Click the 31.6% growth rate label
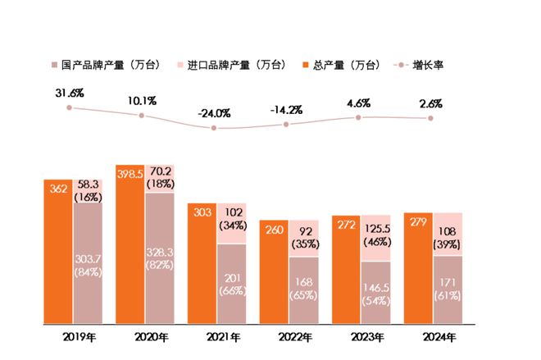coord(70,92)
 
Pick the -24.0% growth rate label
coord(216,112)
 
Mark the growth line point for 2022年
coord(286,125)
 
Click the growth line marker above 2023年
coord(358,117)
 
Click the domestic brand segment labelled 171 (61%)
coord(448,289)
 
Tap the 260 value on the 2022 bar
coord(275,230)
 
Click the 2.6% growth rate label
coord(430,103)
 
